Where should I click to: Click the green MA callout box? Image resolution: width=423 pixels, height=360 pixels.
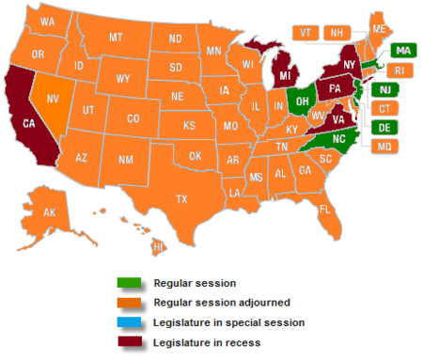(402, 51)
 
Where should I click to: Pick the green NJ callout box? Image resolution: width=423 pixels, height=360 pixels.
(385, 89)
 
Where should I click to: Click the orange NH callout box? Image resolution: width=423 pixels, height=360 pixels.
(334, 32)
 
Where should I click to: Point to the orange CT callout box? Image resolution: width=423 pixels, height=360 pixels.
(384, 109)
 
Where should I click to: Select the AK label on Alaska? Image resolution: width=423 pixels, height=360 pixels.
(50, 212)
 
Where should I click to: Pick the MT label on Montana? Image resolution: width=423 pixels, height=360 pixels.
(117, 38)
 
